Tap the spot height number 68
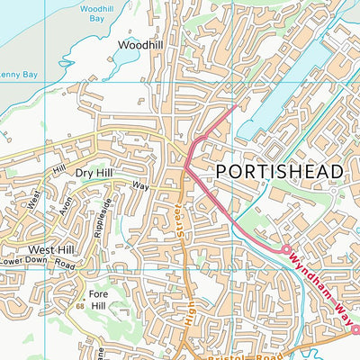[80, 309]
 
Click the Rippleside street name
[103, 217]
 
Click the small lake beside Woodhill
[125, 58]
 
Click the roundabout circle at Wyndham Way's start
[287, 248]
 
